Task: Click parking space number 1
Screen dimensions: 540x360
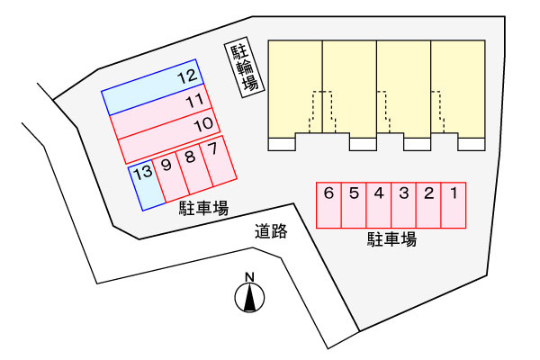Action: click(x=454, y=205)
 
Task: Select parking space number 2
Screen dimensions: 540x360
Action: click(x=428, y=205)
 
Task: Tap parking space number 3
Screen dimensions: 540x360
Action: click(x=403, y=205)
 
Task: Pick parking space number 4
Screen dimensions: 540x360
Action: click(x=379, y=205)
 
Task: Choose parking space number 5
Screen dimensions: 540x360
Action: click(x=354, y=205)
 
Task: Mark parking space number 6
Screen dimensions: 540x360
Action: click(x=328, y=205)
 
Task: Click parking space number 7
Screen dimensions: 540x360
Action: click(x=219, y=161)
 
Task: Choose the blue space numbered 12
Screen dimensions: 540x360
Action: click(x=153, y=87)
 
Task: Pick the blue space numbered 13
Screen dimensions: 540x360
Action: click(x=147, y=186)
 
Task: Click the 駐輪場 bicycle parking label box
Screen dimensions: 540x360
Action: click(x=244, y=67)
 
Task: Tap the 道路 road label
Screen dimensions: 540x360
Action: click(x=271, y=231)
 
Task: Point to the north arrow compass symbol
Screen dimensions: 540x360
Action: click(x=249, y=297)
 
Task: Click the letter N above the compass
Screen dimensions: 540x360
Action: click(x=249, y=277)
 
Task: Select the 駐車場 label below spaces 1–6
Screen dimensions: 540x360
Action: click(x=391, y=239)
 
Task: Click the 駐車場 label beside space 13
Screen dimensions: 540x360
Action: click(x=203, y=209)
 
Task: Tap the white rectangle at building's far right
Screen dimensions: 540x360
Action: click(x=472, y=144)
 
